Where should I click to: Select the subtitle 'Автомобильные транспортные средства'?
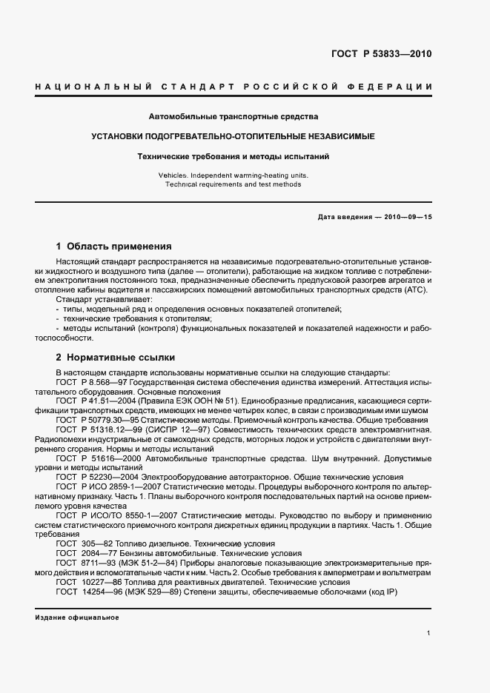pos(234,117)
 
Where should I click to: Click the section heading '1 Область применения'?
pos(114,247)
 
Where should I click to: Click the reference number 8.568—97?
pos(107,381)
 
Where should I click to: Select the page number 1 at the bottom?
pos(429,633)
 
